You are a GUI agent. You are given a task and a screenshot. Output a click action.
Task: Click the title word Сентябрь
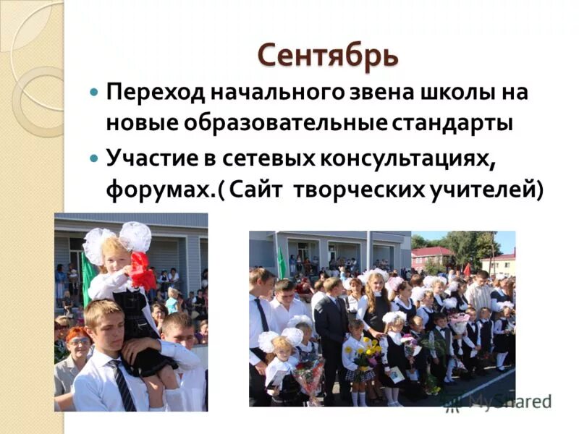328,56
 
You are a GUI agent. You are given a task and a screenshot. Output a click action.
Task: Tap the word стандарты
452,123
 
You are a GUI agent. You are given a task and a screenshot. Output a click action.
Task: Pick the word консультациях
399,158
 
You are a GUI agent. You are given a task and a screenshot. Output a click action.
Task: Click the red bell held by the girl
142,270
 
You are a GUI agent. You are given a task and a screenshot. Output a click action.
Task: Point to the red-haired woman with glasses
77,354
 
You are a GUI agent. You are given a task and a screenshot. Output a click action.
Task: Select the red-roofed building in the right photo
431,255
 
